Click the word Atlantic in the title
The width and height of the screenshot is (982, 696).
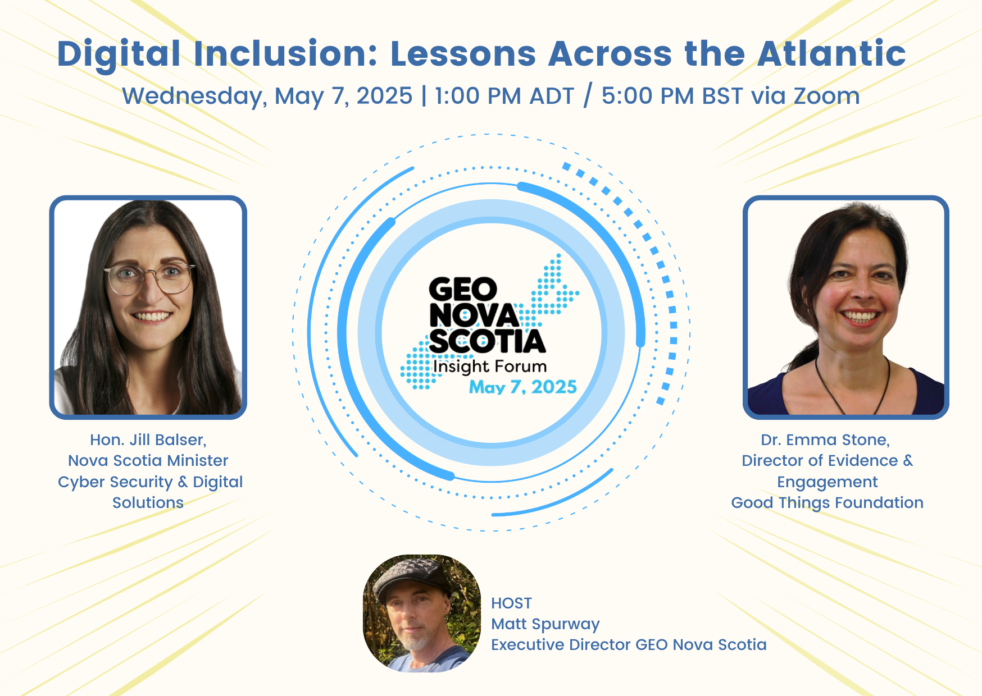coord(831,53)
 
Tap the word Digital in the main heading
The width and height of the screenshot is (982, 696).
coord(119,54)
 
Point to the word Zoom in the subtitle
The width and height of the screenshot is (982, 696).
coord(826,96)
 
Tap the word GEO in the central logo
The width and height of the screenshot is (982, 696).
coord(463,290)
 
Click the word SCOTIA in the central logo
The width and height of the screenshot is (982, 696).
coord(488,341)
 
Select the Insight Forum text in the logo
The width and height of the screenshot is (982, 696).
coord(490,367)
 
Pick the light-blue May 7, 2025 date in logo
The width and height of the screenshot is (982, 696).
coord(523,387)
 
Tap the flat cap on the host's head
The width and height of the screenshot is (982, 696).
coord(412,578)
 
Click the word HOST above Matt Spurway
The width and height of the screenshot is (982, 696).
coord(511,603)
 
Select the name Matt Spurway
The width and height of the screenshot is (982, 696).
coord(545,624)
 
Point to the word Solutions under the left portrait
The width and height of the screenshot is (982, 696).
coord(148,502)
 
